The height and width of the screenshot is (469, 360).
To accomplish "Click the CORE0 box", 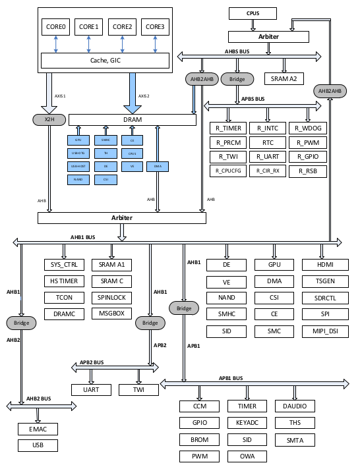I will point(55,28).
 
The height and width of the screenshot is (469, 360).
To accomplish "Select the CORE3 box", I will point(154,28).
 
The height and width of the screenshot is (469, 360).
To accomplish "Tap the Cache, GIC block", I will point(105,61).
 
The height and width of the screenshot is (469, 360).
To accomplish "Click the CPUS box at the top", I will point(254,13).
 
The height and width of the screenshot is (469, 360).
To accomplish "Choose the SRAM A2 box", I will point(284,78).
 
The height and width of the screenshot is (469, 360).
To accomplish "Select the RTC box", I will point(268,142).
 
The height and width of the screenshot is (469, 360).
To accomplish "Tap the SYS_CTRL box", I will point(64,265).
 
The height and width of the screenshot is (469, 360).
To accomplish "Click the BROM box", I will point(199,439).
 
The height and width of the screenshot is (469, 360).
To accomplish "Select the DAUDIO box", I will point(295,406).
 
